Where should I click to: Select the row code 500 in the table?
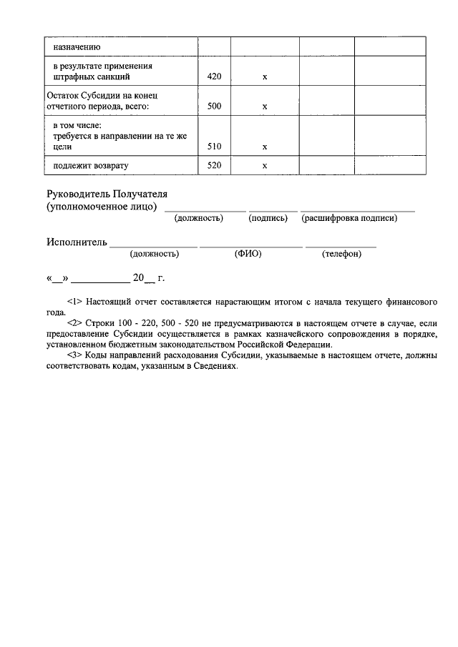pos(213,107)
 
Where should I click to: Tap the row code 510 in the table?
pos(213,147)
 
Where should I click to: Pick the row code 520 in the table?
pos(213,166)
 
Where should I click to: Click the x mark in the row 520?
pos(265,166)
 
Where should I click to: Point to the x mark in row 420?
pos(265,77)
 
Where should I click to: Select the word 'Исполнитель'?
pos(77,242)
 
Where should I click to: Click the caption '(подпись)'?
pos(268,218)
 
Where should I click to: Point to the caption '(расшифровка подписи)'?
pos(349,218)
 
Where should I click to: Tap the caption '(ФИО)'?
pos(247,253)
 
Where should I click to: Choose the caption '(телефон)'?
pos(341,253)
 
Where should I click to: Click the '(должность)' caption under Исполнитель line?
pos(155,253)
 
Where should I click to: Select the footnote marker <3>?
pos(75,355)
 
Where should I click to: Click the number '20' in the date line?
pos(138,277)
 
